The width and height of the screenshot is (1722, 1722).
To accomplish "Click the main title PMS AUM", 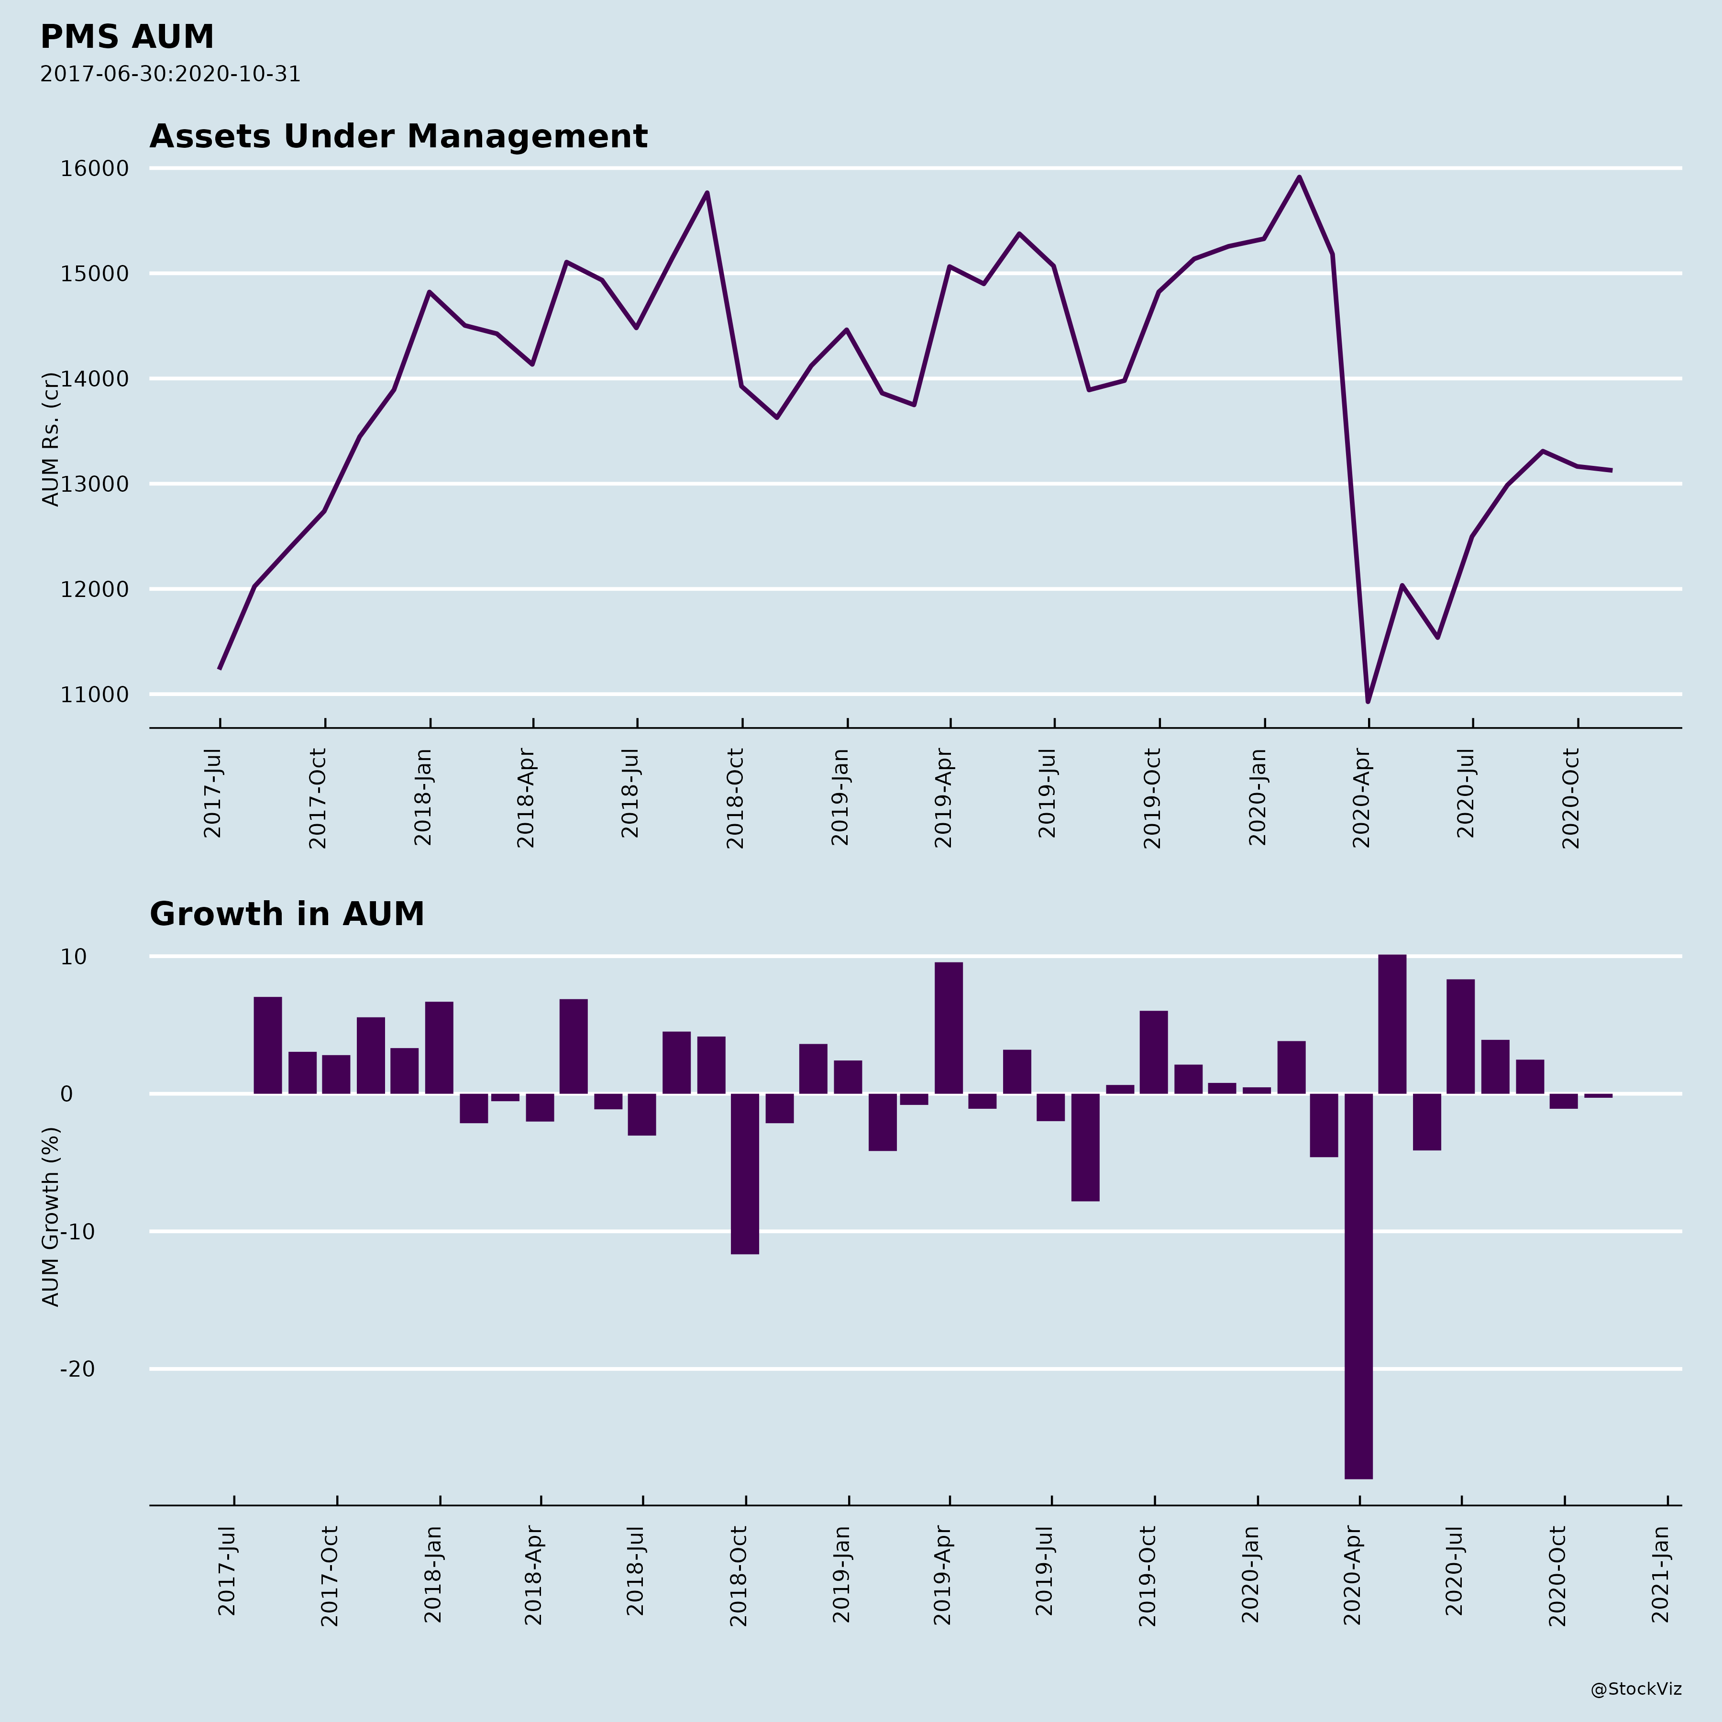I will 127,37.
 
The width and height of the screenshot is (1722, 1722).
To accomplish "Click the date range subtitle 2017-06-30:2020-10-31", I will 170,74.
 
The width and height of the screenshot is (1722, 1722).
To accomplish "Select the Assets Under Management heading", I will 398,136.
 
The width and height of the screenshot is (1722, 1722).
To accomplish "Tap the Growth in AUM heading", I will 287,915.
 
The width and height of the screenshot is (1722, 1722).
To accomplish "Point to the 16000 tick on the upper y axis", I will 95,168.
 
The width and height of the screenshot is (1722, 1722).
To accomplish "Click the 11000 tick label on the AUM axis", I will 95,695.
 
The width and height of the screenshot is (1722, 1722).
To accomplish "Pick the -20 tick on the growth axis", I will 77,1369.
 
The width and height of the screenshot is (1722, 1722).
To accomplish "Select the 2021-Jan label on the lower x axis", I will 1660,1575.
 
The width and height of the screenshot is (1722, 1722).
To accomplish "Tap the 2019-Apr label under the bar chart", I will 943,1575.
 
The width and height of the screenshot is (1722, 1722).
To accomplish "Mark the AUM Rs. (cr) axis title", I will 51,440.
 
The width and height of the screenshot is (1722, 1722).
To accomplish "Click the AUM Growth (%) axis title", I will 51,1216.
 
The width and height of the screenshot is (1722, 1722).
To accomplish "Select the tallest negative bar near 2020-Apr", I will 1358,1283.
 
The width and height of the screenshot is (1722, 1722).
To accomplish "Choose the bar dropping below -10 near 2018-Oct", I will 745,1173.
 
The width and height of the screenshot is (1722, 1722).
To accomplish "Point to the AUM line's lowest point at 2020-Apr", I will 1368,701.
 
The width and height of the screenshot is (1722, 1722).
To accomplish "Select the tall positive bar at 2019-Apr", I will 949,1027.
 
